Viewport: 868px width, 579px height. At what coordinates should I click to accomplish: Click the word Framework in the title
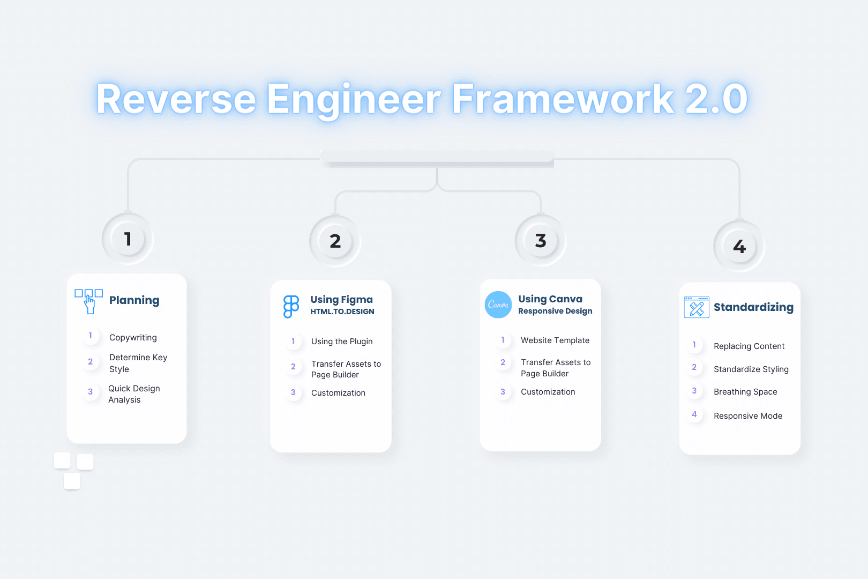563,99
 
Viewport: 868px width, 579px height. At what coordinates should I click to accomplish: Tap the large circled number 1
128,239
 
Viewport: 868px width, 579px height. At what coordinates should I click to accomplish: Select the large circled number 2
335,241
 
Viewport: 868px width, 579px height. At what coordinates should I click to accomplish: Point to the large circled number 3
541,240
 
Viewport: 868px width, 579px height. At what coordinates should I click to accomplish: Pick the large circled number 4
739,246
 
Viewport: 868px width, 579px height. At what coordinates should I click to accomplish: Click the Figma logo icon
291,306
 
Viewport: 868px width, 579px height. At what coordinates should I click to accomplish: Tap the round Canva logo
498,305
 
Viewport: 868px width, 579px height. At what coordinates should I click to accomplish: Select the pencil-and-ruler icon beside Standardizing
697,307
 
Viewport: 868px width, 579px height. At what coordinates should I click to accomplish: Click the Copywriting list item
133,337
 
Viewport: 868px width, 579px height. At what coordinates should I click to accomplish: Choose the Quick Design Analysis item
134,394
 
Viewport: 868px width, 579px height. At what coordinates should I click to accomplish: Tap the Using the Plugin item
342,342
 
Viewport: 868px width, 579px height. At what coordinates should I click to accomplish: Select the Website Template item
555,340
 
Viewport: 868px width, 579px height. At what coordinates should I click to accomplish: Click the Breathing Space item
745,392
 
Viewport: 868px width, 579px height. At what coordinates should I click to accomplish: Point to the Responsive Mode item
748,415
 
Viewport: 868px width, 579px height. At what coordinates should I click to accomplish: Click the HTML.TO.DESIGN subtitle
342,311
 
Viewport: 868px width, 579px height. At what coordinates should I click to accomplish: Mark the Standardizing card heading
754,307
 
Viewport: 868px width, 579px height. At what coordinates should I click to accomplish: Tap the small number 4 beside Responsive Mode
694,414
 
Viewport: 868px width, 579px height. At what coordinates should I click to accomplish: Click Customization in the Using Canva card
548,392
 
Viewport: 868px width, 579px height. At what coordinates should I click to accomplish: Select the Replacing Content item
749,346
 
